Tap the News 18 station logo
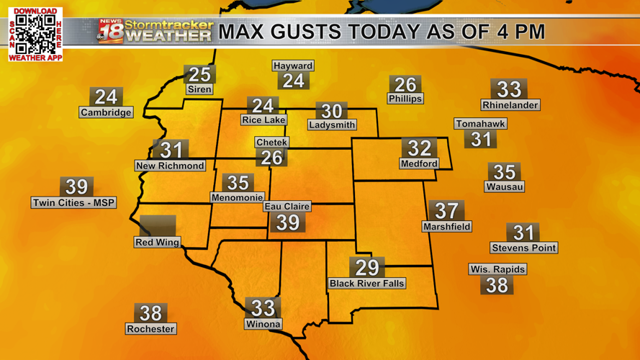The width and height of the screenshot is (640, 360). tap(110, 31)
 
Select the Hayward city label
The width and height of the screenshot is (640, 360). tap(293, 66)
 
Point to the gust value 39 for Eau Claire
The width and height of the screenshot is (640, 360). tap(288, 222)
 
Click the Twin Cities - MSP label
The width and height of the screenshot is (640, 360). tap(73, 203)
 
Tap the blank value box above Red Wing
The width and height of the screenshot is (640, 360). tap(158, 225)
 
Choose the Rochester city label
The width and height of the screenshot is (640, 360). tap(150, 329)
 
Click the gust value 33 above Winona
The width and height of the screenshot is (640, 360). tap(263, 308)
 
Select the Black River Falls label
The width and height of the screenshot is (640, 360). tap(367, 284)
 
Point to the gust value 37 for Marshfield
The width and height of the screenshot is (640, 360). tap(447, 210)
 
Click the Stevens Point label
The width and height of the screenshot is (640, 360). tap(523, 248)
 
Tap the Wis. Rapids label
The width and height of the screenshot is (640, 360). tap(497, 269)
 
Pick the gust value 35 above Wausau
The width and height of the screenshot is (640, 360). tap(504, 171)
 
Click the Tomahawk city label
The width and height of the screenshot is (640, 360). tap(480, 124)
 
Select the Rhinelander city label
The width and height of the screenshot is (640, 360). tap(510, 105)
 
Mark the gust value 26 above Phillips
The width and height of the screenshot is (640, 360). tap(405, 84)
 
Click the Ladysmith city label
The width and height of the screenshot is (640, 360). tap(332, 125)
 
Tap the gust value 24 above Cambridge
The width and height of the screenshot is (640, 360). tap(106, 96)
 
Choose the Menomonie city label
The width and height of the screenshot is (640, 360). tap(238, 197)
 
